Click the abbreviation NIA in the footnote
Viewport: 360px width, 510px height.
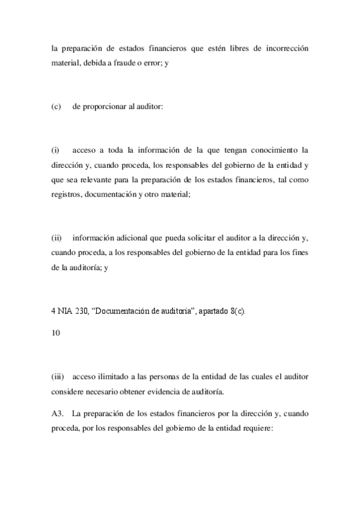click(67, 313)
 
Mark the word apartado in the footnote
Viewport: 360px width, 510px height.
click(209, 313)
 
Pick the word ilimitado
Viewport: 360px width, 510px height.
click(114, 378)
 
